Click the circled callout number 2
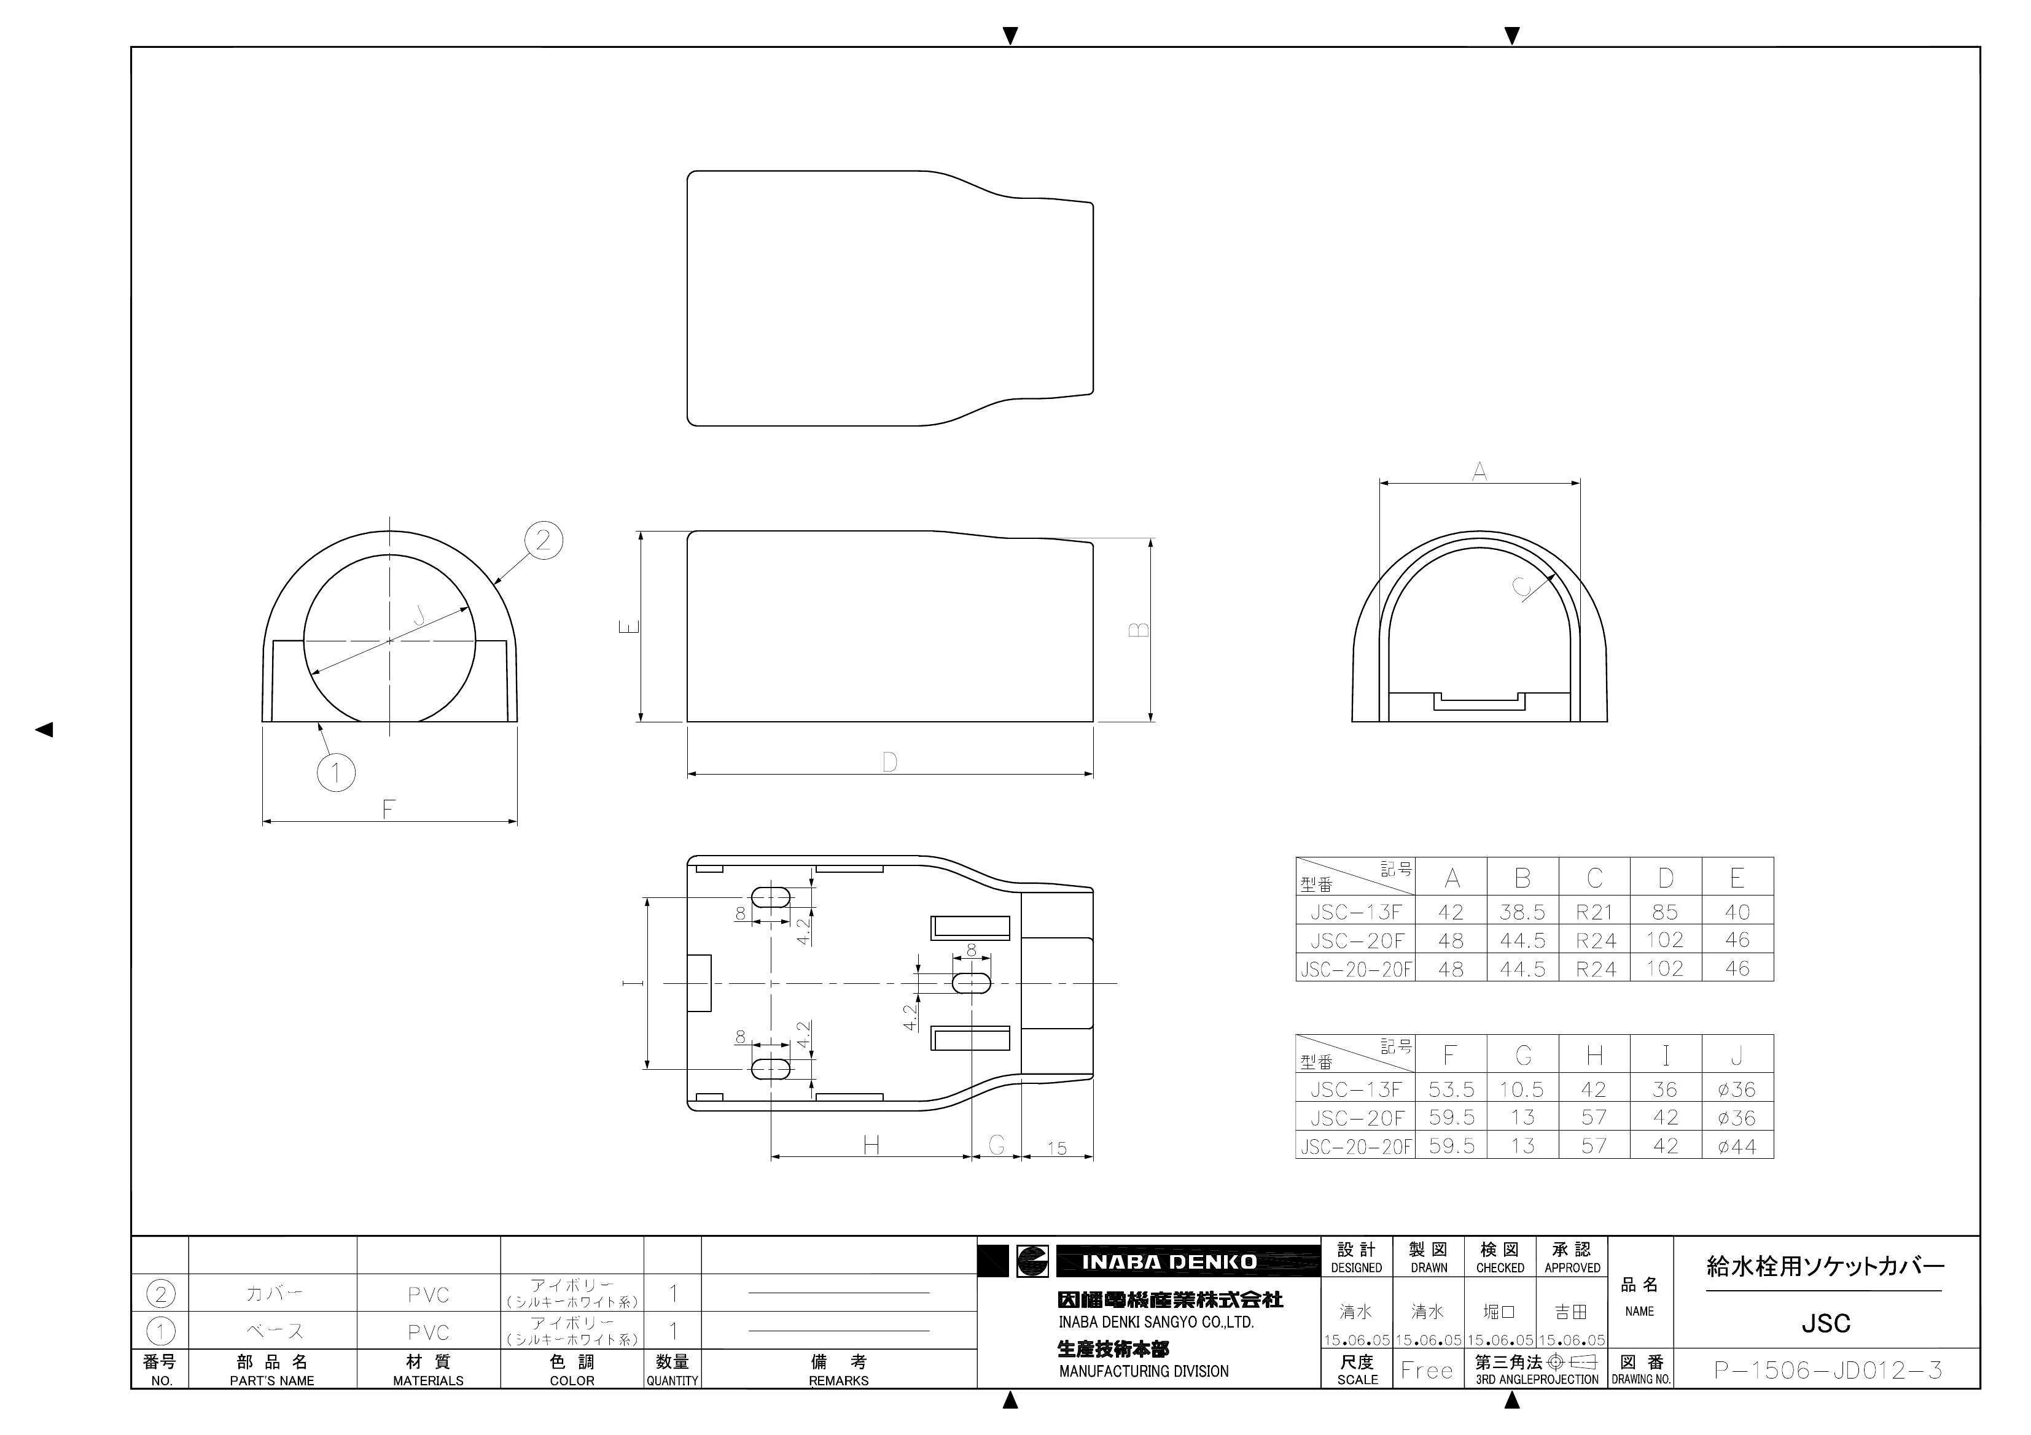[x=543, y=540]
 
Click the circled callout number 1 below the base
[x=336, y=772]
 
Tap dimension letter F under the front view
[x=388, y=808]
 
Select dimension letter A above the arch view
[x=1479, y=471]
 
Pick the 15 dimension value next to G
[x=1057, y=1148]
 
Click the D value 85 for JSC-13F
[x=1665, y=911]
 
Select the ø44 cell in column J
[x=1736, y=1147]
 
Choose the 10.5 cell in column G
[x=1522, y=1089]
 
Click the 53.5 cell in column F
[x=1451, y=1089]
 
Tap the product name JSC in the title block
[x=1826, y=1323]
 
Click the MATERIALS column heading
[x=428, y=1380]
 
